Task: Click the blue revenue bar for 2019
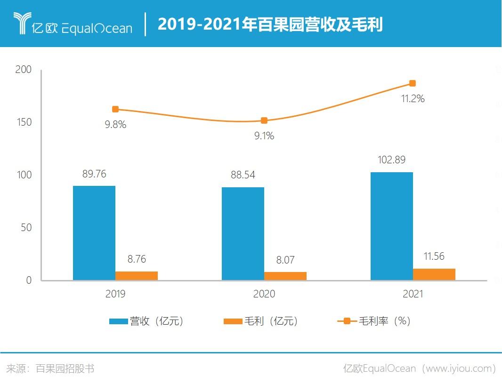(94, 233)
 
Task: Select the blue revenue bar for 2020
(243, 234)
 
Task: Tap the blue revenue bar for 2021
(392, 226)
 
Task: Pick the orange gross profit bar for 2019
(137, 276)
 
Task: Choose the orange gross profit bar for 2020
(285, 276)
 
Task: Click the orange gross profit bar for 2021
(434, 274)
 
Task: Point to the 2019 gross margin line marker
(115, 109)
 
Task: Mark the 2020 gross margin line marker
(264, 120)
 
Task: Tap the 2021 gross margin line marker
(413, 83)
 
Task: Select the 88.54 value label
(243, 175)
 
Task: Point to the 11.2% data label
(413, 99)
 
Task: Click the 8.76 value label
(137, 259)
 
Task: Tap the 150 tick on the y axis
(23, 122)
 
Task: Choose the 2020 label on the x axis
(264, 294)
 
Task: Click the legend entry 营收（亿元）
(146, 321)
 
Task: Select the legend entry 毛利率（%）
(375, 321)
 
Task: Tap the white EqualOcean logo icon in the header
(22, 23)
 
